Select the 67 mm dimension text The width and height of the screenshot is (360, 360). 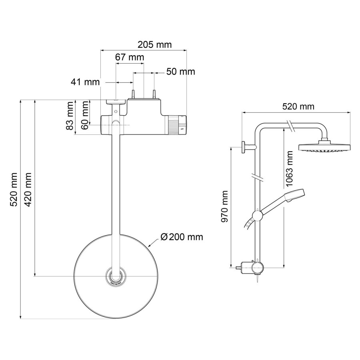point(129,57)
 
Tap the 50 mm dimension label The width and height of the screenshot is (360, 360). point(180,72)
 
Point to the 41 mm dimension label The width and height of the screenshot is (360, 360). point(85,82)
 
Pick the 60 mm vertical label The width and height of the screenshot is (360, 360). point(85,115)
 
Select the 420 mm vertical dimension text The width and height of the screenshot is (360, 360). point(28,189)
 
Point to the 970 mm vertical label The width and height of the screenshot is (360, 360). point(225,206)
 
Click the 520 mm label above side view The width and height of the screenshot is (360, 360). point(298,106)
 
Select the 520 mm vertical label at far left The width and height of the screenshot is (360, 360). point(14,189)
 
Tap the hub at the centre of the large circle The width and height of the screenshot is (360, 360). point(115,276)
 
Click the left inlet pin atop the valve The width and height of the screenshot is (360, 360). point(133,94)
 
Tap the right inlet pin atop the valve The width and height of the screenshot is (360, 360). point(153,94)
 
